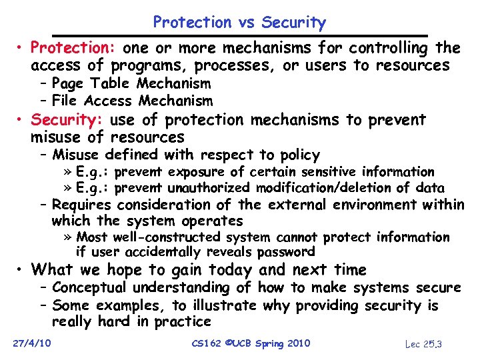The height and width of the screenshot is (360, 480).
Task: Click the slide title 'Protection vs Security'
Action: [239, 23]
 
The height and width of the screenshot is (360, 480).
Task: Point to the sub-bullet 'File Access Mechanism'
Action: [132, 101]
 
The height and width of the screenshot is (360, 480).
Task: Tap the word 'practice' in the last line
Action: [183, 321]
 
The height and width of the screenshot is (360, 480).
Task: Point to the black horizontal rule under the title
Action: [239, 35]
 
